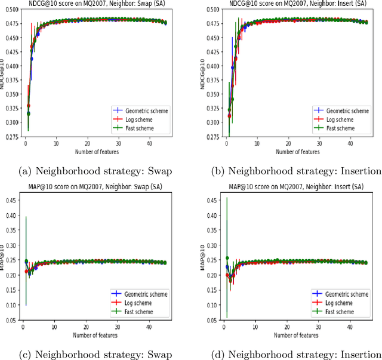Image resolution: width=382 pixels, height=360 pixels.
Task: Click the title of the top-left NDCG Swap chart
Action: pyautogui.click(x=97, y=4)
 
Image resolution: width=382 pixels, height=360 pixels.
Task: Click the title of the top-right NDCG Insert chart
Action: pyautogui.click(x=297, y=4)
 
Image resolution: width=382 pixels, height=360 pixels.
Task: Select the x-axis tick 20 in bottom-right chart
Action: pyautogui.click(x=287, y=327)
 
